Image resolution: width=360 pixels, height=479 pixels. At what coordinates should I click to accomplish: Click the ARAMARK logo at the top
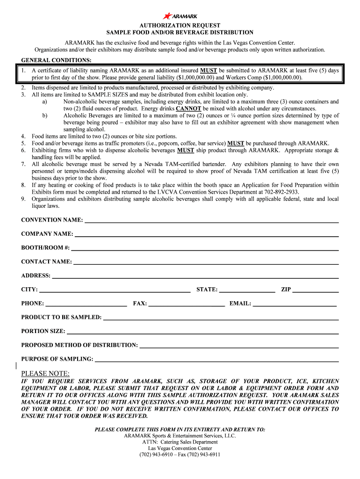coord(180,16)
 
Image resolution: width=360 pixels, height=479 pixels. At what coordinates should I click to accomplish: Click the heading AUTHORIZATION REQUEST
coord(180,25)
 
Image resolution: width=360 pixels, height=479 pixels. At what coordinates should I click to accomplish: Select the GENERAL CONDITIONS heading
coord(57,60)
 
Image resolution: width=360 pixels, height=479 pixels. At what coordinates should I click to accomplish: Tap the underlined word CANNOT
coord(188,108)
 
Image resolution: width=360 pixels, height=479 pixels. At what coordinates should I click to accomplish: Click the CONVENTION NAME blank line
coord(211,222)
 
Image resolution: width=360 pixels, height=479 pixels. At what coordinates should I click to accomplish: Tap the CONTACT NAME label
coord(47,262)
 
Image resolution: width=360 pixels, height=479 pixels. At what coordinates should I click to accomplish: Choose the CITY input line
coord(115,291)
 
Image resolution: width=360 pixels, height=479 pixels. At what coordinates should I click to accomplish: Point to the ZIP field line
coord(316,291)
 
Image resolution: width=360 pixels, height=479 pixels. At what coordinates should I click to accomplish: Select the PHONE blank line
coord(86,305)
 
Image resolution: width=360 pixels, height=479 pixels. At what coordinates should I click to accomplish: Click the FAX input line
coord(186,305)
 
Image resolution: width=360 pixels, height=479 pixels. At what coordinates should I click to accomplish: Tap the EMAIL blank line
coord(295,305)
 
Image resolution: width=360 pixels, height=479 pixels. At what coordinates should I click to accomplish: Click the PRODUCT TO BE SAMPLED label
coord(61,318)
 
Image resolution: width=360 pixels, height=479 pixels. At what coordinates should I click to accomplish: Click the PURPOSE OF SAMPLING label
coord(57,359)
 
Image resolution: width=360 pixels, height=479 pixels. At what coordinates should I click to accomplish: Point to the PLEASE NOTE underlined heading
coord(45,373)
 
